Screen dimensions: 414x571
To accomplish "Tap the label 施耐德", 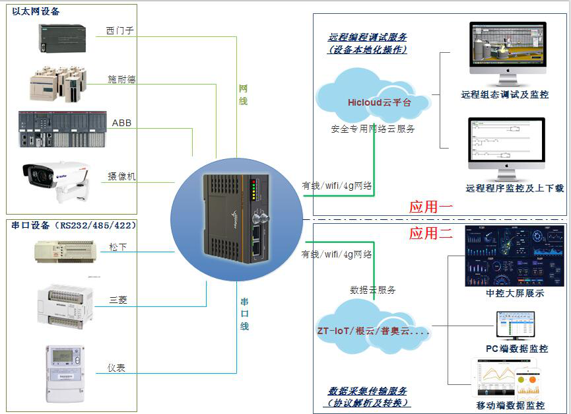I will click(x=121, y=79).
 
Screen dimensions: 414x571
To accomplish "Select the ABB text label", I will click(x=121, y=123).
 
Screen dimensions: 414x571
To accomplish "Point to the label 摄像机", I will click(x=121, y=176).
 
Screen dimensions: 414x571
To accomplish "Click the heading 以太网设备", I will click(x=36, y=11).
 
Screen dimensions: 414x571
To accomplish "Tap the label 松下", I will click(x=118, y=247).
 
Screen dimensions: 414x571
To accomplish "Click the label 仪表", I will click(x=116, y=368).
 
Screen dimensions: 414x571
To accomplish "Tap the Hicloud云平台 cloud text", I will click(x=379, y=102).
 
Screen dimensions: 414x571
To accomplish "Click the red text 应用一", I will click(x=430, y=207).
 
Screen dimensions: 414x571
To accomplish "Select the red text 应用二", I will click(x=430, y=233).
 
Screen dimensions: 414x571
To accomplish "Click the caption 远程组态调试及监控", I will click(x=504, y=94).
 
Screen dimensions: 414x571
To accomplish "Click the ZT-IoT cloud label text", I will click(x=373, y=331).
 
